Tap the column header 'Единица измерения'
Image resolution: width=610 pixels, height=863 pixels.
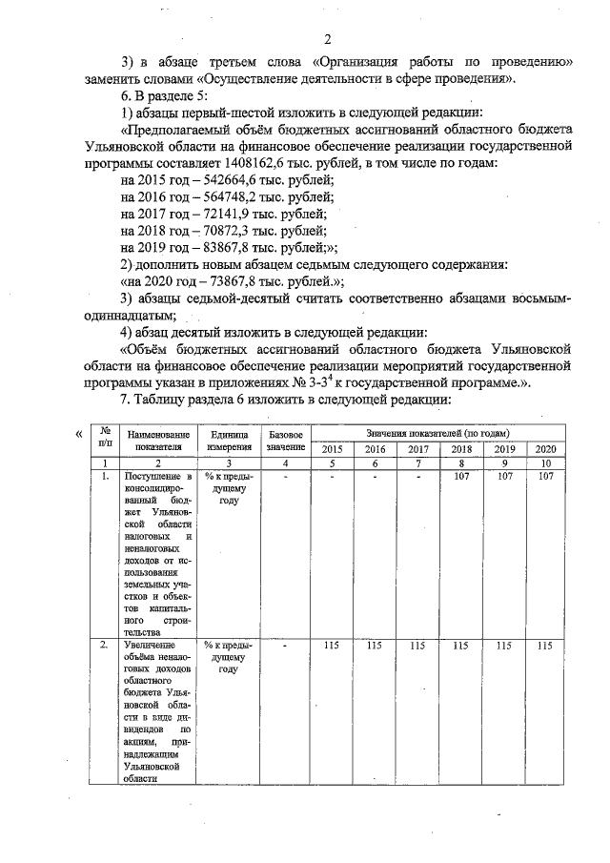click(230, 441)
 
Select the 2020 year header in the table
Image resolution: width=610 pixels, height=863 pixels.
click(544, 448)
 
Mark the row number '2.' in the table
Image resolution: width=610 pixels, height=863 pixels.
click(105, 646)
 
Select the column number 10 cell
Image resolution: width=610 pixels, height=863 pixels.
click(544, 462)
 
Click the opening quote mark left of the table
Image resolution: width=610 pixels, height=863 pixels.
click(79, 435)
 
